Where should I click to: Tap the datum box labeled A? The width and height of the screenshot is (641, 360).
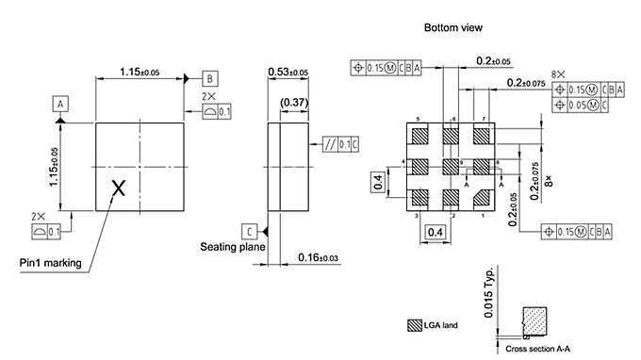(x=60, y=104)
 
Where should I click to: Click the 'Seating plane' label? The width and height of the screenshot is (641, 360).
(x=232, y=247)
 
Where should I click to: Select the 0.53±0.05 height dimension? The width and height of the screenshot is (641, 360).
(x=289, y=73)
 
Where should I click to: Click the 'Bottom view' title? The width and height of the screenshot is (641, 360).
(x=453, y=28)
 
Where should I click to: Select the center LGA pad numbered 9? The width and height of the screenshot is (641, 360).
(x=450, y=166)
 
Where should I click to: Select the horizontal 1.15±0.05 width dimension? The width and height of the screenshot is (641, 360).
(x=139, y=73)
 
